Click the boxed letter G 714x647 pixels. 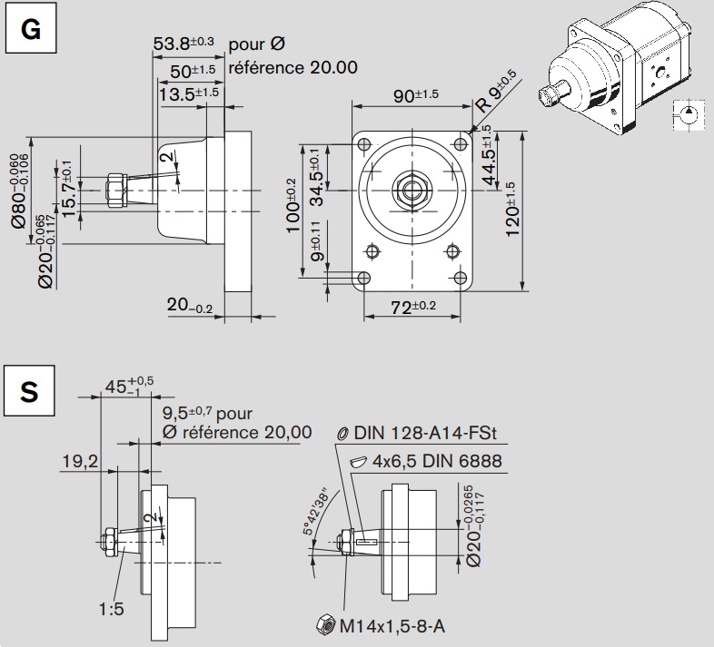[x=31, y=28]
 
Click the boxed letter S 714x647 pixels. [x=30, y=391]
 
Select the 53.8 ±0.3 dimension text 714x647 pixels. [x=183, y=44]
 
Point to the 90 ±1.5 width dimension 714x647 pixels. [x=416, y=95]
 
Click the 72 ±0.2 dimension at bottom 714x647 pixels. [x=413, y=307]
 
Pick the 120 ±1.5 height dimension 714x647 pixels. [x=511, y=209]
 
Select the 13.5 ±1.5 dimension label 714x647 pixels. [x=189, y=94]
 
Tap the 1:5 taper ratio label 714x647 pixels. [x=111, y=609]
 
